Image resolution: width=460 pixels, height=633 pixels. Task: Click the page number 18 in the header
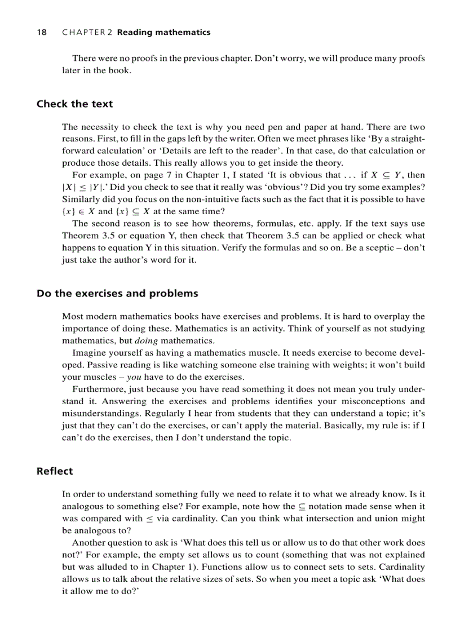(x=41, y=32)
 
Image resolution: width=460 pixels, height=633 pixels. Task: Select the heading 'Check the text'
(x=74, y=104)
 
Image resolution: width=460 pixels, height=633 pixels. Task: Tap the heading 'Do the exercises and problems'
(x=117, y=293)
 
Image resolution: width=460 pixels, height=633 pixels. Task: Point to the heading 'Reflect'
(x=55, y=471)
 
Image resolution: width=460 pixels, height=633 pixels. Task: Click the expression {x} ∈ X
(x=78, y=211)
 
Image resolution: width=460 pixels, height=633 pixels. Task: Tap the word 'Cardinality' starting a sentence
(x=402, y=566)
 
